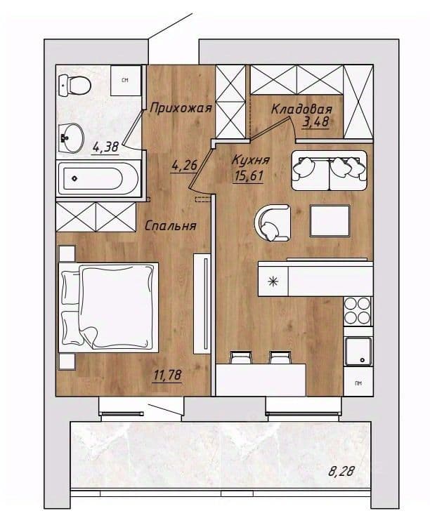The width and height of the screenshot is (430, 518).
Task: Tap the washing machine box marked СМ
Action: pyautogui.click(x=125, y=81)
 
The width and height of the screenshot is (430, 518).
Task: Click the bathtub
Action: pyautogui.click(x=98, y=179)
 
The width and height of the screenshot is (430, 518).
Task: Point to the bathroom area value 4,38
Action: pyautogui.click(x=106, y=147)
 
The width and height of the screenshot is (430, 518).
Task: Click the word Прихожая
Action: pyautogui.click(x=181, y=108)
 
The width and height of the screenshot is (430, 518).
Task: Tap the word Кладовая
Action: pyautogui.click(x=301, y=109)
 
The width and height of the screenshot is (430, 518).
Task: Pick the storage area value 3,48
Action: pyautogui.click(x=315, y=122)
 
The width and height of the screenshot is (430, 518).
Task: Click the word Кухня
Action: pyautogui.click(x=250, y=160)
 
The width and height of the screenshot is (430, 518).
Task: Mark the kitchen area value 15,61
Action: pyautogui.click(x=248, y=175)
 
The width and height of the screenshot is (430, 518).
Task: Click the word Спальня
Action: pyautogui.click(x=171, y=226)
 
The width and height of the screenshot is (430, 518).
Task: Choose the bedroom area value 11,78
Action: pyautogui.click(x=167, y=376)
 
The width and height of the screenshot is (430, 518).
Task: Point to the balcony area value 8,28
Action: pyautogui.click(x=341, y=471)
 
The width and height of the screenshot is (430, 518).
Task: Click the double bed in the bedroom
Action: pyautogui.click(x=108, y=307)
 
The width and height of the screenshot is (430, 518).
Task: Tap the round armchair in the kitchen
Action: pyautogui.click(x=272, y=223)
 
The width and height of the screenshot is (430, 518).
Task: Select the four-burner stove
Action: pyautogui.click(x=357, y=310)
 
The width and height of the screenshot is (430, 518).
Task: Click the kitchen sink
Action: pyautogui.click(x=358, y=352)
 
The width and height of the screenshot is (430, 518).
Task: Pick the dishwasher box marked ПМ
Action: pyautogui.click(x=358, y=383)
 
